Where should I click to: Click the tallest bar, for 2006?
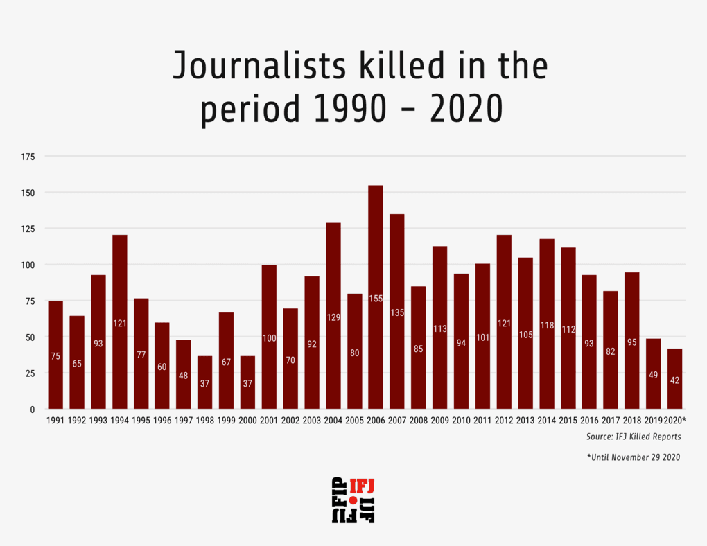(x=376, y=298)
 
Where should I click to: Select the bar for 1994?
(x=119, y=322)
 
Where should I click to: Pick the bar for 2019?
(x=653, y=374)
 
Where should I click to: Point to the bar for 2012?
(x=504, y=322)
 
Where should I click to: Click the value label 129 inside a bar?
(x=333, y=317)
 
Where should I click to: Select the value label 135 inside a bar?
(x=396, y=312)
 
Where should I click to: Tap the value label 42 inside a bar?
(x=674, y=380)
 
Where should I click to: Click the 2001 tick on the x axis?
(x=269, y=421)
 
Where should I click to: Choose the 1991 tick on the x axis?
(x=55, y=421)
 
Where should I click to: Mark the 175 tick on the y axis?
(x=28, y=157)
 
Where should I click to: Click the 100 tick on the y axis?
(x=28, y=265)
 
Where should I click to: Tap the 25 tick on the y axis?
(x=30, y=373)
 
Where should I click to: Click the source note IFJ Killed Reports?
(x=634, y=437)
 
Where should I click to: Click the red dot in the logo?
(x=353, y=500)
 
